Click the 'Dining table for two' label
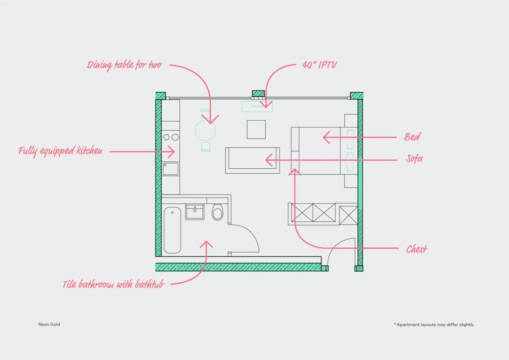tap(124, 65)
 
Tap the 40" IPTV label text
tap(319, 65)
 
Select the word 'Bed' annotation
tap(412, 137)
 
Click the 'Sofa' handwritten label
tap(414, 158)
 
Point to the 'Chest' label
tap(417, 249)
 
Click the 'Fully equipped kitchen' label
tap(60, 151)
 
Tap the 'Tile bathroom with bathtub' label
tap(113, 284)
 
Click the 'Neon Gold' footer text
tap(49, 324)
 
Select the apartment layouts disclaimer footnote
tap(434, 325)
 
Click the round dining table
tap(205, 131)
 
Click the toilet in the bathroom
tap(218, 212)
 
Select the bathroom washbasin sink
tap(195, 212)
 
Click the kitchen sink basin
tap(171, 169)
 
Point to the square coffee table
tap(256, 130)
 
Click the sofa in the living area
tap(252, 161)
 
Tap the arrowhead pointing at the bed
tap(326, 137)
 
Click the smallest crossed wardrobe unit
tap(349, 215)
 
